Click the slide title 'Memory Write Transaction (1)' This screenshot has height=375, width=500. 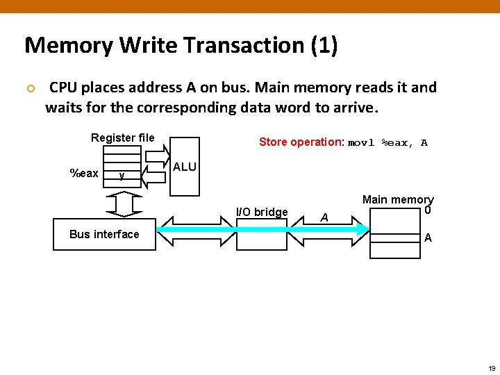pos(181,46)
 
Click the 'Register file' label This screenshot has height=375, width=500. pos(122,137)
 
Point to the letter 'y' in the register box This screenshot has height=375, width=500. pos(122,176)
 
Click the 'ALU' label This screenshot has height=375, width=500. pos(185,167)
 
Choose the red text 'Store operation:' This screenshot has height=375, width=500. pos(301,142)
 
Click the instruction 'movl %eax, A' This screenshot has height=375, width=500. pos(387,143)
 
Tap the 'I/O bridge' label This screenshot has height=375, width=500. pos(262,212)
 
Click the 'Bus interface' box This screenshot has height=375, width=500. pos(104,234)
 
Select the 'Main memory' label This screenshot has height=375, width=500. pos(398,200)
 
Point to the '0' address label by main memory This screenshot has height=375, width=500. pos(428,210)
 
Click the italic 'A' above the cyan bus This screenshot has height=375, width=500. pos(324,217)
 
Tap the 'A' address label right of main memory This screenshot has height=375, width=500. pos(428,237)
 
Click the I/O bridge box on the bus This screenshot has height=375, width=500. pos(262,233)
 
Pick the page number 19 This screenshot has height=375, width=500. pos(491,368)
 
